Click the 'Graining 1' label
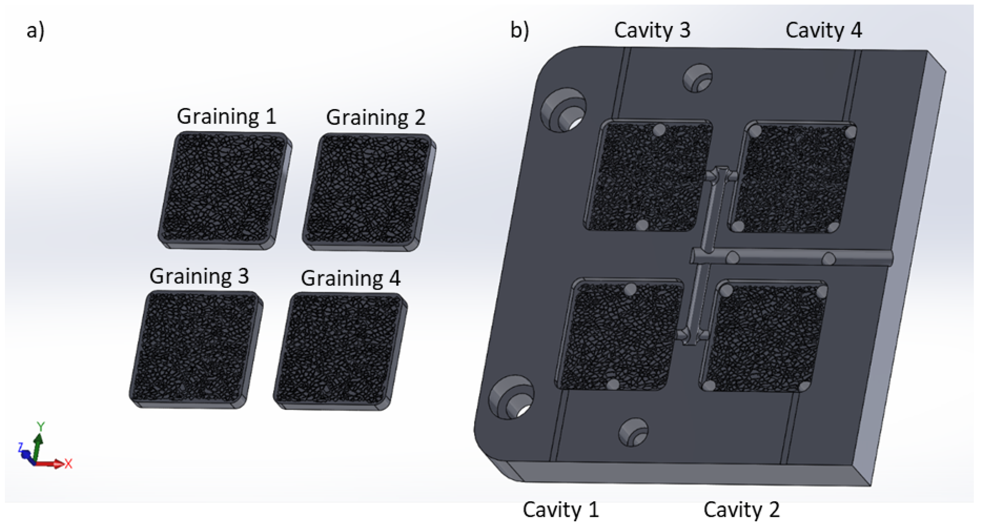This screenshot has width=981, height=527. (x=226, y=117)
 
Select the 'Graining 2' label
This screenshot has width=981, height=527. (x=376, y=117)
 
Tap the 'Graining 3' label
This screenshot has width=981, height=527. (x=199, y=276)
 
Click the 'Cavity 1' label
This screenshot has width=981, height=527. (x=560, y=510)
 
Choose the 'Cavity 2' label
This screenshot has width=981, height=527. (x=741, y=510)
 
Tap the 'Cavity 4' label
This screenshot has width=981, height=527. (x=823, y=30)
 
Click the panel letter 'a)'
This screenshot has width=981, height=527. (x=35, y=31)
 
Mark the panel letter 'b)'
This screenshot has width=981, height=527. (x=519, y=31)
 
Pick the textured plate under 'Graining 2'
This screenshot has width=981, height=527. (x=369, y=192)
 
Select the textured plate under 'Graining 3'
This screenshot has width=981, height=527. (x=196, y=350)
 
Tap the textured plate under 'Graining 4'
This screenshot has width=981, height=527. (x=340, y=351)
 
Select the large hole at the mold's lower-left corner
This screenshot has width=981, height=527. (x=511, y=398)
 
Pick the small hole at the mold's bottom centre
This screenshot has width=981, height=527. (x=633, y=432)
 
